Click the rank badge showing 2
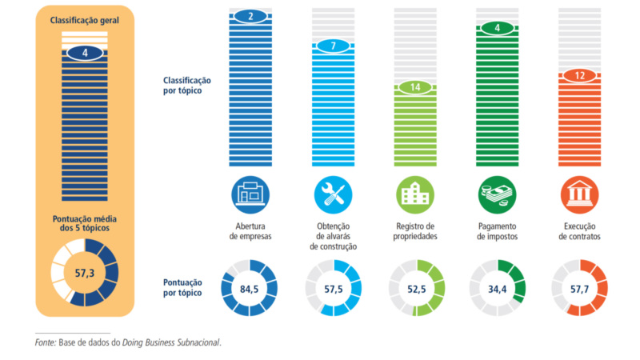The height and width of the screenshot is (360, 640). pyautogui.click(x=250, y=16)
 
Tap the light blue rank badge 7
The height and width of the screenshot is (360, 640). pyautogui.click(x=333, y=46)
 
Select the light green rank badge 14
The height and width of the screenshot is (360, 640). pyautogui.click(x=415, y=87)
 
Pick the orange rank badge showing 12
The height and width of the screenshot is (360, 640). pyautogui.click(x=579, y=75)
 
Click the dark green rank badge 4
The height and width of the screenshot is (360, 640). pyautogui.click(x=497, y=28)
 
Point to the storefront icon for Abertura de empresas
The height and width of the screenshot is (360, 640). pyautogui.click(x=250, y=194)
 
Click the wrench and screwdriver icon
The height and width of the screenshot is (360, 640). pyautogui.click(x=333, y=194)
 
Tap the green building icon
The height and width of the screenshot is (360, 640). pyautogui.click(x=415, y=194)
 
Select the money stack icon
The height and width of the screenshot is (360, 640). pyautogui.click(x=497, y=194)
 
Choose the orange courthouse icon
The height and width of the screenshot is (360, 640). pyautogui.click(x=579, y=194)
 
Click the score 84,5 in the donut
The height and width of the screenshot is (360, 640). pyautogui.click(x=249, y=289)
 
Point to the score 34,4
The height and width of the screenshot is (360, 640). pyautogui.click(x=497, y=289)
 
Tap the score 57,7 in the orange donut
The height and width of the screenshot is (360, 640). pyautogui.click(x=579, y=289)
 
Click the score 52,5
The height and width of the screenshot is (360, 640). pyautogui.click(x=416, y=289)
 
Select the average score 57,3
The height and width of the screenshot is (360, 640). pyautogui.click(x=85, y=273)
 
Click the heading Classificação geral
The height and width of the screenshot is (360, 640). pyautogui.click(x=85, y=21)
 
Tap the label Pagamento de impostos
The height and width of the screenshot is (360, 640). pyautogui.click(x=497, y=231)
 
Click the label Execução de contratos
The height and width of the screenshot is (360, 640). pyautogui.click(x=579, y=231)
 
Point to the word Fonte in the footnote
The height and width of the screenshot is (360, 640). pyautogui.click(x=45, y=342)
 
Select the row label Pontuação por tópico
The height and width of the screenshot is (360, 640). pyautogui.click(x=182, y=287)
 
